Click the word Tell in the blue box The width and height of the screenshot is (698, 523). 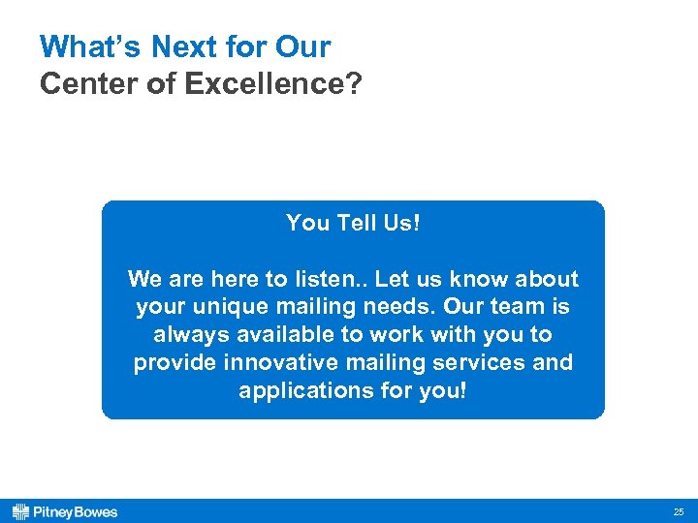[365, 223]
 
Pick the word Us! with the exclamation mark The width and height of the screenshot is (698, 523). [401, 223]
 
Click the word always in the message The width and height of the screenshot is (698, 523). [188, 335]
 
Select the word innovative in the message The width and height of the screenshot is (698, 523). [271, 363]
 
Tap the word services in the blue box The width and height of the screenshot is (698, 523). [481, 363]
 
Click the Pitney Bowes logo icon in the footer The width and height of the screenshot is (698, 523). [20, 511]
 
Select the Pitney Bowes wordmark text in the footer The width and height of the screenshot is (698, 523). [76, 511]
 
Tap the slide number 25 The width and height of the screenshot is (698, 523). [678, 511]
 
